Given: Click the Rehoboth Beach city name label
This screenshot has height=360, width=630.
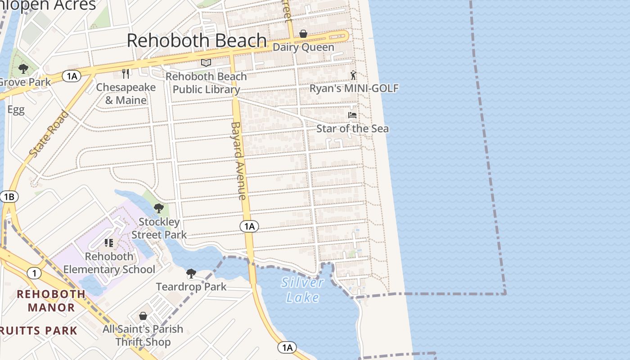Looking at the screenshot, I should (197, 40).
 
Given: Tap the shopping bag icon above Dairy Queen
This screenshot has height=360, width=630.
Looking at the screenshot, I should (303, 34).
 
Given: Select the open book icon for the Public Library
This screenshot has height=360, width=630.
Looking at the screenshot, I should (206, 63).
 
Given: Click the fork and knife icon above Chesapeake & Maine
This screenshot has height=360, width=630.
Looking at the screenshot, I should (126, 73).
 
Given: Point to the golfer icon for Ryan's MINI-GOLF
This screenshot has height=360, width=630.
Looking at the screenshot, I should (354, 75).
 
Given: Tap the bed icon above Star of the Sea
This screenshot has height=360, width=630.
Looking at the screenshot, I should (352, 115).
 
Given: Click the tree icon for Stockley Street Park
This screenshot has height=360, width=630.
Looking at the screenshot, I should (158, 208).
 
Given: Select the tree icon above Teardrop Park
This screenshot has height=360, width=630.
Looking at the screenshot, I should (191, 273).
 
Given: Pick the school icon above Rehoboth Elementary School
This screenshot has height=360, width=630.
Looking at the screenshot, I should (109, 243).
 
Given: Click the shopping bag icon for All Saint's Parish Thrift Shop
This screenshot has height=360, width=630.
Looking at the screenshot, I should (143, 316).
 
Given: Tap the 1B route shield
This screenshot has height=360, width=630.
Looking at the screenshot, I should (9, 197).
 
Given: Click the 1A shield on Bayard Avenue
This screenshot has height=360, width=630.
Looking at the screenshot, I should (249, 226).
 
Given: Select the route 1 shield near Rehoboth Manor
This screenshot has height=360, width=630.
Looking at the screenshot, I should (34, 273).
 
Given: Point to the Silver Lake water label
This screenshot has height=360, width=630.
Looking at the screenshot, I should (303, 290).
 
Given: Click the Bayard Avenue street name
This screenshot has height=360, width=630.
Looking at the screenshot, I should (238, 161).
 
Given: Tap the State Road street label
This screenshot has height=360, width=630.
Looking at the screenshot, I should (49, 134).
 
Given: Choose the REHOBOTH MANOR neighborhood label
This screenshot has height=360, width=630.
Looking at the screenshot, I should (51, 301).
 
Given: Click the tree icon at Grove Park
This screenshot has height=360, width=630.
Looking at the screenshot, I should (23, 69).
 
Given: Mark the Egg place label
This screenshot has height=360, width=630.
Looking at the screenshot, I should (16, 110).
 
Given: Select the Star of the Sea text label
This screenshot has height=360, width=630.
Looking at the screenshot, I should (352, 129).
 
